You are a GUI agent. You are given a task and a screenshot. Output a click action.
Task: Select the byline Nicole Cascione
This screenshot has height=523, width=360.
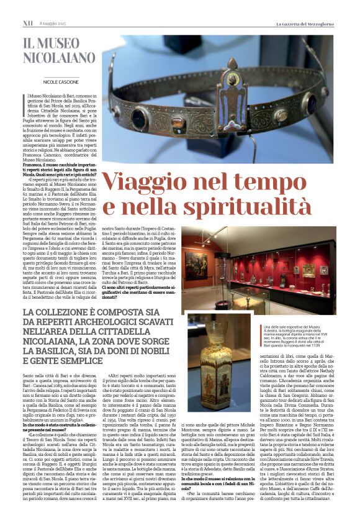click(x=61, y=82)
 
